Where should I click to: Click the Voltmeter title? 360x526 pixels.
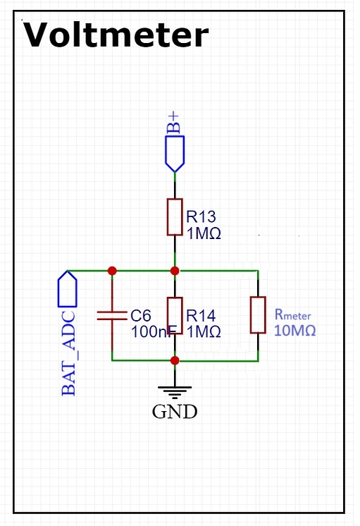coord(116,35)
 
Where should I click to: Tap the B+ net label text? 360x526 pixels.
coord(173,123)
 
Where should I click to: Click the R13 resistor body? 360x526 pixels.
coord(175,217)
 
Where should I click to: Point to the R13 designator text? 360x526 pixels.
coord(201,216)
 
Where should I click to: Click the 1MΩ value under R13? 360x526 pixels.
coord(204,233)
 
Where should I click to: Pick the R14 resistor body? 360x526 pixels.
coord(175,316)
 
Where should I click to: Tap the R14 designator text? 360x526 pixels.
coord(201,316)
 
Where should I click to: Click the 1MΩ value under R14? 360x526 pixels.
coord(204,332)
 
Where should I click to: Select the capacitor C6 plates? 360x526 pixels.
coord(112,315)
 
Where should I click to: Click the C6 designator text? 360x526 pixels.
coord(141,316)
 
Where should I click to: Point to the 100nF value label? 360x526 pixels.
coord(153,332)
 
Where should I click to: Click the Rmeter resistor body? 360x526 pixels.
coord(258,315)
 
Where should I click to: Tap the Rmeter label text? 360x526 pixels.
coord(292,314)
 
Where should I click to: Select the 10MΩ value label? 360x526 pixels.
coord(295,331)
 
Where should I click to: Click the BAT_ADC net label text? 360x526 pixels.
coord(69,353)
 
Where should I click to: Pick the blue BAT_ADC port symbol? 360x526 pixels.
coord(68,289)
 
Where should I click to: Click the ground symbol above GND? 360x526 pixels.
coord(175,392)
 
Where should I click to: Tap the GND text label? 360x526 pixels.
coord(175,412)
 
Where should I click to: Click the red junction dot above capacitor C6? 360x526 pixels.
coord(112,271)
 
